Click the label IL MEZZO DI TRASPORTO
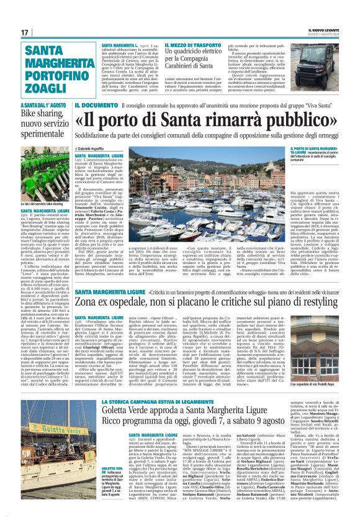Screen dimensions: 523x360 pyautogui.click(x=192, y=46)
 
